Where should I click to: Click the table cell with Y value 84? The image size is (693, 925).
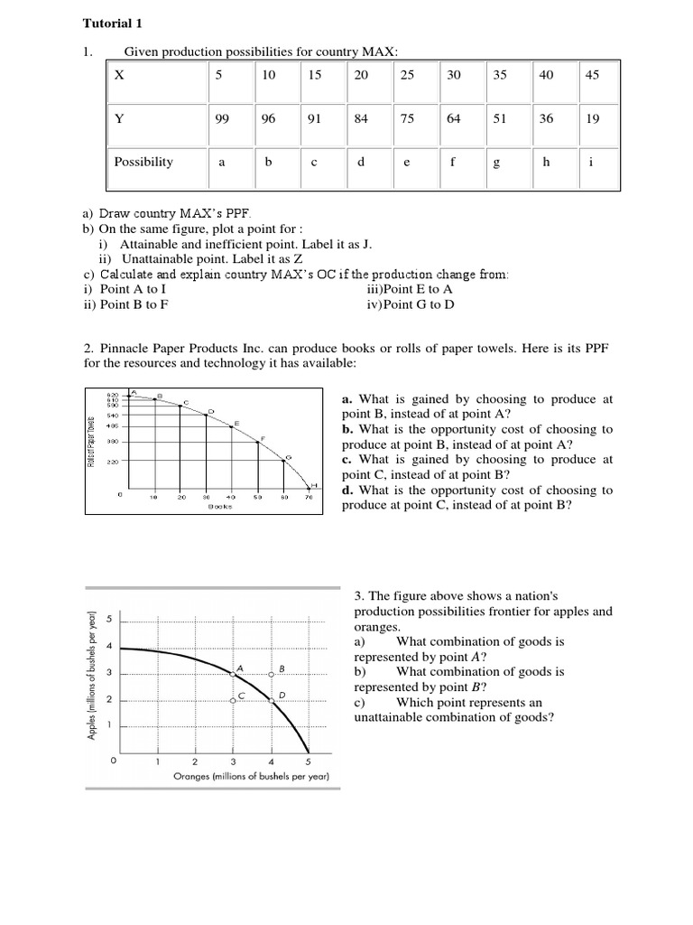coord(361,118)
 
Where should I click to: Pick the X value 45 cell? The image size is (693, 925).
coord(592,76)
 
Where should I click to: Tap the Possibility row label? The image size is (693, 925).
coord(143,162)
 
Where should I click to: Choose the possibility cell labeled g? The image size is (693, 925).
coord(499,163)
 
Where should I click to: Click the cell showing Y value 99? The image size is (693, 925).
coord(221,118)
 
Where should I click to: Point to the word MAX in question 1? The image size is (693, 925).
coord(378,52)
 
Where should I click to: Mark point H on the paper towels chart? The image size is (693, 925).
coord(311,485)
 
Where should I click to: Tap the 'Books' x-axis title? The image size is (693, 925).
coord(219,507)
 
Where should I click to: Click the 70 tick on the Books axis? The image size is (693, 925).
coord(309,498)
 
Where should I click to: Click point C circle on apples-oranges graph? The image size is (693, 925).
coord(233,700)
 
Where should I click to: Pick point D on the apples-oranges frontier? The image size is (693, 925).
coord(272,699)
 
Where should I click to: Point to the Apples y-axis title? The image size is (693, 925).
coord(92,677)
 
